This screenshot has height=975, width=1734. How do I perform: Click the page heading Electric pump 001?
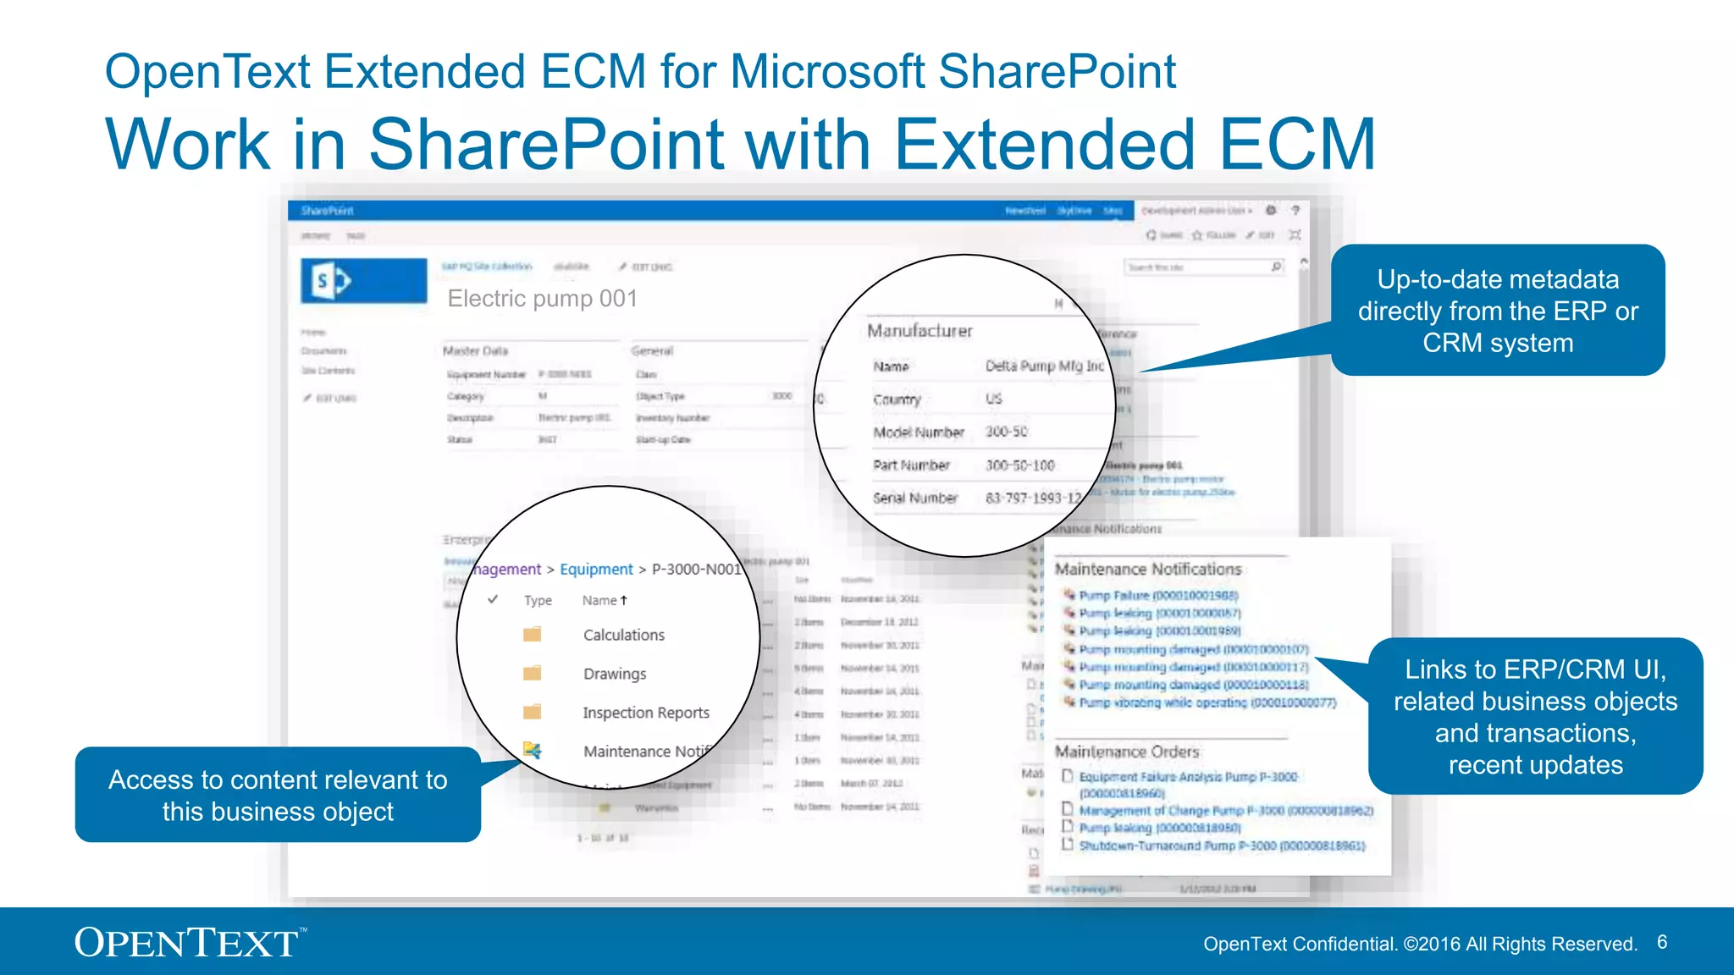pos(542,299)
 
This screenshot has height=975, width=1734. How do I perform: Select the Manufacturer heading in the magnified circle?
pos(919,331)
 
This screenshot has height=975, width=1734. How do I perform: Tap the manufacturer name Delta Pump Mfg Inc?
pos(1044,366)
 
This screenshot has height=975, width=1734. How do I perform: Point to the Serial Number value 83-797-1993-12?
pos(1033,499)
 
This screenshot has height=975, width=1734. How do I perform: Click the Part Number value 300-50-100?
pos(1019,465)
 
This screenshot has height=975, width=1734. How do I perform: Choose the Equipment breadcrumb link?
pos(596,570)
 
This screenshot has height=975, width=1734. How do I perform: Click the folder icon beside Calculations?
pos(532,635)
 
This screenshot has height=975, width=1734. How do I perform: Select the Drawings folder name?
pos(615,674)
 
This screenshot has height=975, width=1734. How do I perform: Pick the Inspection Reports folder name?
pos(645,713)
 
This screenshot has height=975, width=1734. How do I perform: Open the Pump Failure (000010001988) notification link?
pos(1157,596)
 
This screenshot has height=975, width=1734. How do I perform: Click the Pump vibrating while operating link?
pos(1207,702)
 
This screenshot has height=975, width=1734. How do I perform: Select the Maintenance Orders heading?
pos(1126,752)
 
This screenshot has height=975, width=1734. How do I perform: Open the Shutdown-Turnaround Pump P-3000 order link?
pos(1221,846)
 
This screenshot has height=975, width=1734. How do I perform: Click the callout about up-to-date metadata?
pos(1497,311)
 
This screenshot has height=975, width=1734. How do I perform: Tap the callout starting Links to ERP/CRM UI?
pos(1534,717)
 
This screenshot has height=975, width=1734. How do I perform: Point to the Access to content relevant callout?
pos(278,795)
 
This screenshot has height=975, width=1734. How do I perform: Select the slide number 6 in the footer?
pos(1662,943)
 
